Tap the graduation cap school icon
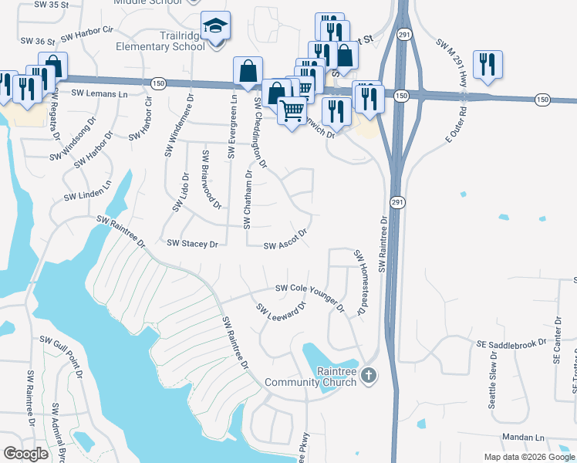tap(215, 26)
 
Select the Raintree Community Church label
tap(310, 377)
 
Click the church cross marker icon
tap(369, 377)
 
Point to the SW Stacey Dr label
tap(193, 244)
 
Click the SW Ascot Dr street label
tap(286, 240)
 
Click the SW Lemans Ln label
tap(100, 93)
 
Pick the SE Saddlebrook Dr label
tap(511, 343)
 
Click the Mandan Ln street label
tap(524, 438)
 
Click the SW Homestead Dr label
tap(359, 282)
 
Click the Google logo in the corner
tap(25, 453)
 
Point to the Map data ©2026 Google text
tap(528, 457)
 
